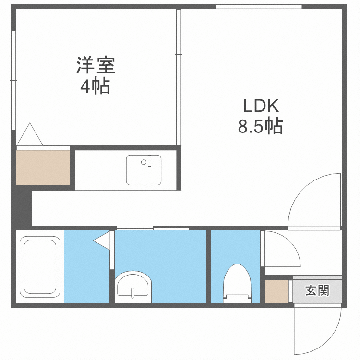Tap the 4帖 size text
(x=95, y=86)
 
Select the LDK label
(x=260, y=105)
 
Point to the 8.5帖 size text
(x=260, y=126)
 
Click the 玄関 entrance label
(x=317, y=290)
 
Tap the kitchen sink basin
(x=144, y=170)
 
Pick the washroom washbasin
(x=133, y=286)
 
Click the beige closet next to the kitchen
(x=43, y=167)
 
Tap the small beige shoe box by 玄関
(x=276, y=291)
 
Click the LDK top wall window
(x=259, y=7)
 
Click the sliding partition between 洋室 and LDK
(x=179, y=77)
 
